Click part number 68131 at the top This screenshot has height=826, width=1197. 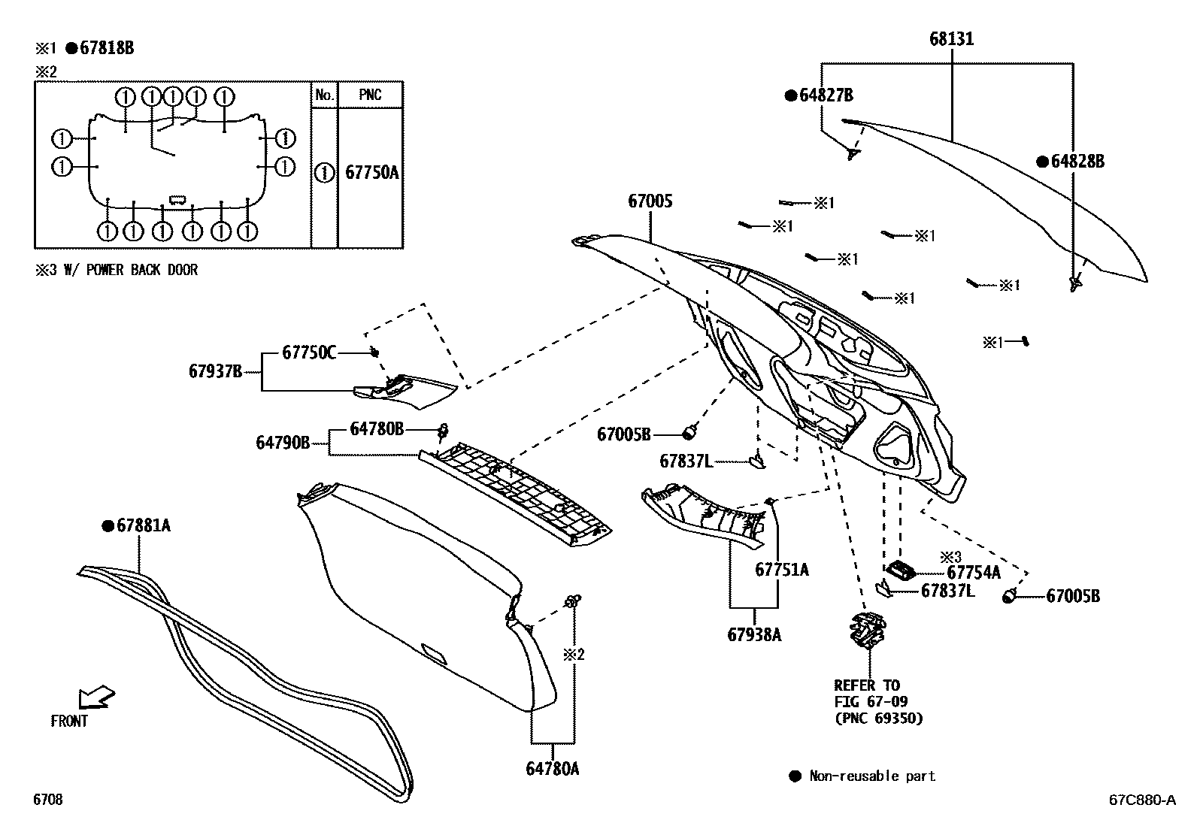click(x=951, y=38)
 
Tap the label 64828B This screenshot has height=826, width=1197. click(x=1077, y=162)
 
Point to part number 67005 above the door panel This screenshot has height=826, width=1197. click(x=650, y=201)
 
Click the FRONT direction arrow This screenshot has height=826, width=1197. click(x=95, y=696)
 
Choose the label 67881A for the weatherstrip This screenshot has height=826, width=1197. click(x=143, y=526)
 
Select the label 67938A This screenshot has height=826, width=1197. click(x=754, y=635)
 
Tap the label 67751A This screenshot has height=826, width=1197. click(x=782, y=570)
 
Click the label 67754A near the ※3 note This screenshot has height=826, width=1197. click(x=974, y=573)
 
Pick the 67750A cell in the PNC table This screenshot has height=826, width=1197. click(x=371, y=173)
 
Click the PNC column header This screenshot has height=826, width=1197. click(x=370, y=95)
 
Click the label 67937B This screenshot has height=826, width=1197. click(x=215, y=371)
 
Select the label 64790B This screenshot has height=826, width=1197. click(x=283, y=443)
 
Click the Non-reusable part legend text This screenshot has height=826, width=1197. click(x=872, y=776)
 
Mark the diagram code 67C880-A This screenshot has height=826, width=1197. click(x=1141, y=800)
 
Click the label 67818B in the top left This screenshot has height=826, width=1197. click(x=106, y=48)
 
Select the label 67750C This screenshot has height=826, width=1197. click(x=309, y=352)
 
